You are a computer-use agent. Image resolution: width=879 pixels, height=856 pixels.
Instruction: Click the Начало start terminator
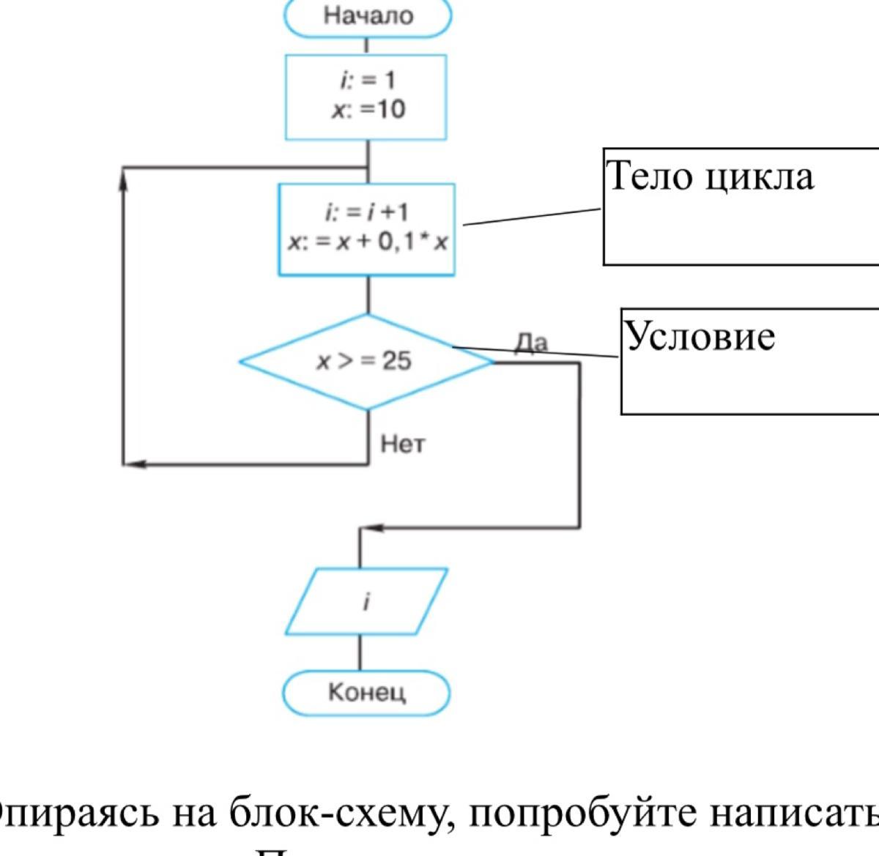(x=368, y=16)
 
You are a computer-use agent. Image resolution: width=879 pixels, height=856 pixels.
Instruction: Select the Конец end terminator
(x=366, y=692)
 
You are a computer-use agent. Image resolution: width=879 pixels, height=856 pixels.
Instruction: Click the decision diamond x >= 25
(x=366, y=361)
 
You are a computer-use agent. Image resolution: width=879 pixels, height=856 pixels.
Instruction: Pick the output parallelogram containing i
(x=366, y=602)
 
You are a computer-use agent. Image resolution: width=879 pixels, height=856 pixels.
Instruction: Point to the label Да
(x=530, y=342)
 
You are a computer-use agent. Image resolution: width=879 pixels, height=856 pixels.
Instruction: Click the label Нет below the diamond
(x=402, y=444)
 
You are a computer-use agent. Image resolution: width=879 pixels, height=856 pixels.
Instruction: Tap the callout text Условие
(x=700, y=337)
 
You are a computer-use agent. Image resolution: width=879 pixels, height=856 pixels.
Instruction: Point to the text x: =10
(x=368, y=110)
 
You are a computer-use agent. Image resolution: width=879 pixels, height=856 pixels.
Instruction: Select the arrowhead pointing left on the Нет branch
(x=136, y=464)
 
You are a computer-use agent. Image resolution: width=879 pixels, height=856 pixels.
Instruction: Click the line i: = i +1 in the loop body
(x=366, y=212)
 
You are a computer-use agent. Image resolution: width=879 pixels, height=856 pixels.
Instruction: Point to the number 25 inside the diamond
(x=396, y=361)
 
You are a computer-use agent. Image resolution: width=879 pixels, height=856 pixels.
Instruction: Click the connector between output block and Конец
(x=360, y=652)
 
